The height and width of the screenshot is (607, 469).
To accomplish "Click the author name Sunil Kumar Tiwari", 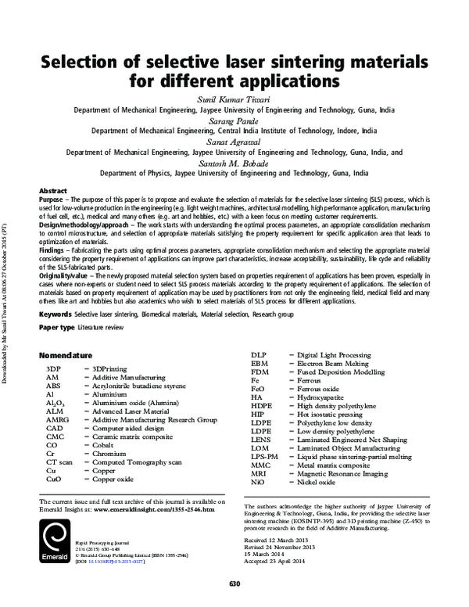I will [234, 101].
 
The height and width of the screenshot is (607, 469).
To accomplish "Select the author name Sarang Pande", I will [234, 121].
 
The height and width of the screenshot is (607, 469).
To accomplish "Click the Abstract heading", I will [52, 191].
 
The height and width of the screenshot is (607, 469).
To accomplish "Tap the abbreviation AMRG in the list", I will [58, 419].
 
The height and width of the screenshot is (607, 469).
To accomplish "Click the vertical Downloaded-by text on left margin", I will [7, 312].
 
